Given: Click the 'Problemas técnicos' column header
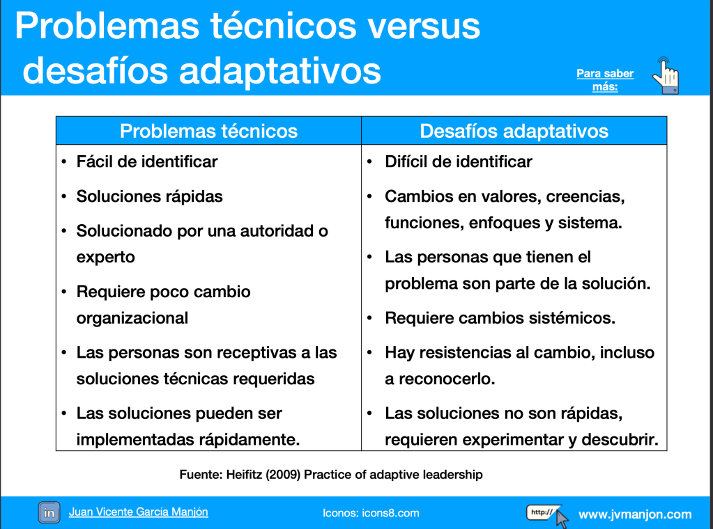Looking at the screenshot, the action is [208, 131].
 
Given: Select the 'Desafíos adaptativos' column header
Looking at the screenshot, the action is [514, 131].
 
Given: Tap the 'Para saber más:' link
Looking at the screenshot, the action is [605, 80].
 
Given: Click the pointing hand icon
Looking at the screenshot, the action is [666, 76].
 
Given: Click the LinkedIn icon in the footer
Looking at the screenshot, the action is [49, 513].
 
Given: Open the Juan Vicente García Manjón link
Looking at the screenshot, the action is [138, 512].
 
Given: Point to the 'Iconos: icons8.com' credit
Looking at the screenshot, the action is [371, 513].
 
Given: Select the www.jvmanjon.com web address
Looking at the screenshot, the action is [635, 514].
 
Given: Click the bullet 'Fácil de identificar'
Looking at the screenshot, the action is [147, 161].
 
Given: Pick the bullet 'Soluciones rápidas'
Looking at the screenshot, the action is [150, 196].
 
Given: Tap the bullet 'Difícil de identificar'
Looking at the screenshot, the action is [459, 161].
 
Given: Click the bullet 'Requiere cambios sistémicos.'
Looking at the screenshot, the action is [500, 318].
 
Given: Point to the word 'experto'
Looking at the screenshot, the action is [105, 258].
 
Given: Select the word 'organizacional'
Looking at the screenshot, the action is [132, 318].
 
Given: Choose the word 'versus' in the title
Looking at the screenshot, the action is [424, 26].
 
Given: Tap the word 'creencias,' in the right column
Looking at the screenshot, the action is [585, 196].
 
